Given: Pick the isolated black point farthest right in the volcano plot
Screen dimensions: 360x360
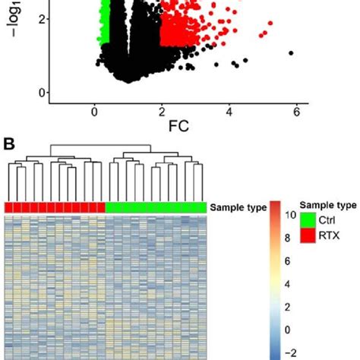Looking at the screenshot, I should tap(291, 53).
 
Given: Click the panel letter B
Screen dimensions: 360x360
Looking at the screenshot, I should tap(10, 142).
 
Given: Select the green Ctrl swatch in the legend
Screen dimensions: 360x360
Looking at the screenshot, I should tap(308, 220).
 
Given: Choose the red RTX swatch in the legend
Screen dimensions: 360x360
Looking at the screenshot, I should tap(308, 235).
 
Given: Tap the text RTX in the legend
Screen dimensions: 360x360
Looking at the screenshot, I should tap(328, 235).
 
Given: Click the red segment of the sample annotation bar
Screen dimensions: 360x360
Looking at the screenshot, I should tap(55, 207).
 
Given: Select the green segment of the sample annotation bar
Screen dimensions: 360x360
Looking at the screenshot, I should tap(156, 207).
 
